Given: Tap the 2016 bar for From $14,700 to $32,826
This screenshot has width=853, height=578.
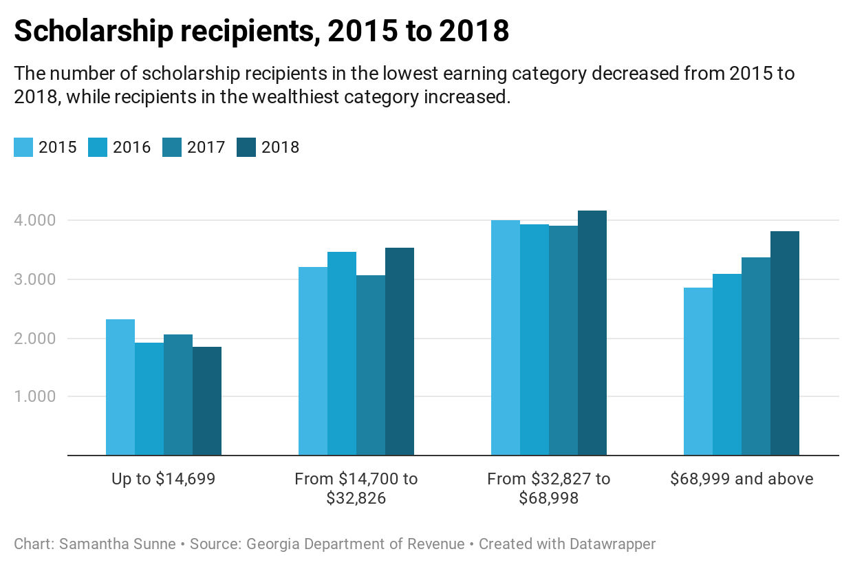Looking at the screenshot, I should [x=342, y=354].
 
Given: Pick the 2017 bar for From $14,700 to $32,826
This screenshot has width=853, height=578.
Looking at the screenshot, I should [x=371, y=365].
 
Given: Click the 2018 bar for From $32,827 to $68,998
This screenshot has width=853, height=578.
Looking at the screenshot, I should [x=592, y=333].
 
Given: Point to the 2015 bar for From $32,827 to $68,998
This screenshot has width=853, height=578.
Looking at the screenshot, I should [x=506, y=338].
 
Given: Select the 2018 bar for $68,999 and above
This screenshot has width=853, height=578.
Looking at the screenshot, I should [x=785, y=343].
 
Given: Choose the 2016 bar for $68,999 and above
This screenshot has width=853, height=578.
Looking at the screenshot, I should [x=727, y=365].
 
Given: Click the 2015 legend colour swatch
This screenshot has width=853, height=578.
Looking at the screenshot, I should [x=23, y=147].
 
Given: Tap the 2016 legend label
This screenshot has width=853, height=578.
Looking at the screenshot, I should [x=132, y=147].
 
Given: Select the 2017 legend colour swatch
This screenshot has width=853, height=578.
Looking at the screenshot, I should [x=172, y=147].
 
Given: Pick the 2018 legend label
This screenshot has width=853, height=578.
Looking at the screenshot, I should [x=281, y=147].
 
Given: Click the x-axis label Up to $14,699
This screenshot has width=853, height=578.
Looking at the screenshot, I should [x=164, y=479].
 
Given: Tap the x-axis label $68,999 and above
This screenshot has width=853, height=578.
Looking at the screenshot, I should [x=742, y=479].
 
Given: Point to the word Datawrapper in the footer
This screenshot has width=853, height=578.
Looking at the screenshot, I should [x=612, y=544].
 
